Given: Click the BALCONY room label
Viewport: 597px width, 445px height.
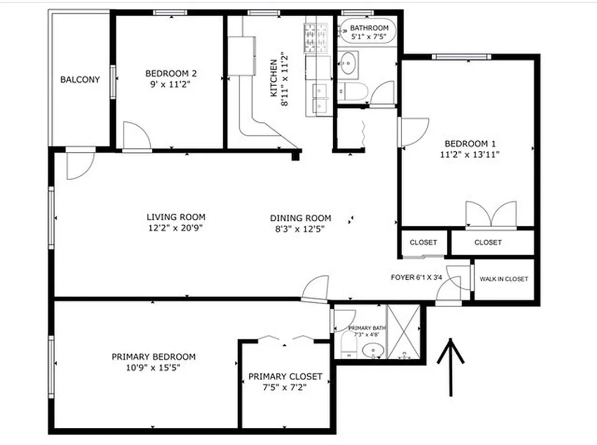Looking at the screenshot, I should coord(80,80).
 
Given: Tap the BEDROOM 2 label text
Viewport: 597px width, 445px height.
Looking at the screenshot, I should coord(171,73).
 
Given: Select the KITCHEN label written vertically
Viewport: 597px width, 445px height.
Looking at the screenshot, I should coord(274,78).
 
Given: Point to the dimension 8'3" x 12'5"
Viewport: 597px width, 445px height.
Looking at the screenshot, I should coord(300,228).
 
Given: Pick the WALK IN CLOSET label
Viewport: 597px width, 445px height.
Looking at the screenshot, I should coord(504,279).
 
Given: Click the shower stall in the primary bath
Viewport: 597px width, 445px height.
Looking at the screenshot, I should coord(401,332).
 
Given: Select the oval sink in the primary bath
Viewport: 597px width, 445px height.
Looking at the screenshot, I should coord(372,350).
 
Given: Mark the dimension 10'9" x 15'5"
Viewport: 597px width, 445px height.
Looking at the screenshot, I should coord(154,367).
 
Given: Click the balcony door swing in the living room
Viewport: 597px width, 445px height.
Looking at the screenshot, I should coord(79,166).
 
